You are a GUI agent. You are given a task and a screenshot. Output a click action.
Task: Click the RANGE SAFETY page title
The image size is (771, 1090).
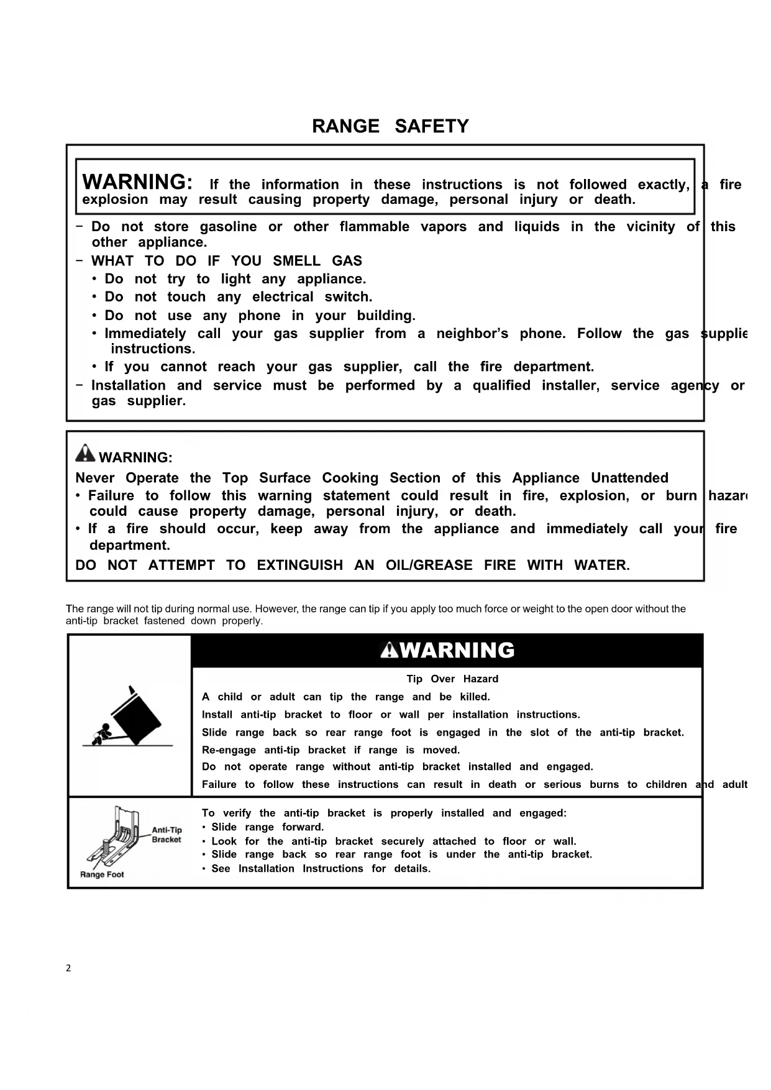[x=390, y=126]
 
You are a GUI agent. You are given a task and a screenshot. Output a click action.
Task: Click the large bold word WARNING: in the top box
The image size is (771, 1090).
[x=137, y=182]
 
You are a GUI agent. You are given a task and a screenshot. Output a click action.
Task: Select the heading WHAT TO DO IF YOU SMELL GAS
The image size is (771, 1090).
[x=226, y=261]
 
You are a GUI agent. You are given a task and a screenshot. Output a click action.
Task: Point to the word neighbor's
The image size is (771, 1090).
[x=472, y=334]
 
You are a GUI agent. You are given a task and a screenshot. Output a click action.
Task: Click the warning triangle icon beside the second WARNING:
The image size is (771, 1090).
[x=85, y=454]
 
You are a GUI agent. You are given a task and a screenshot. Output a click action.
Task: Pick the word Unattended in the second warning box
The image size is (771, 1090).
[x=629, y=478]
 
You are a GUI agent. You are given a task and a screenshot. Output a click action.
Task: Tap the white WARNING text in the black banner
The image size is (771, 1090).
[x=457, y=651]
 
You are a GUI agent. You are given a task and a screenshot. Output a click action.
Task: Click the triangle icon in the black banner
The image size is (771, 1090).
[x=389, y=650]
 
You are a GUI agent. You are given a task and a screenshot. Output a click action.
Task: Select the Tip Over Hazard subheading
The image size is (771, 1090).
[x=452, y=679]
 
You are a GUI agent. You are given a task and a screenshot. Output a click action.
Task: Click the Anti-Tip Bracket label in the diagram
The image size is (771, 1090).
[x=167, y=835]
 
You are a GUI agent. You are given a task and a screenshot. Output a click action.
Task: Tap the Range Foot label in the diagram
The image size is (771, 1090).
[x=102, y=874]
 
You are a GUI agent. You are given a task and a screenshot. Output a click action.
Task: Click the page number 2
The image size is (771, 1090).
[x=68, y=968]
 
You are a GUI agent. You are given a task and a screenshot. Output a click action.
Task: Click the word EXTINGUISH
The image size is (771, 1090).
[x=299, y=566]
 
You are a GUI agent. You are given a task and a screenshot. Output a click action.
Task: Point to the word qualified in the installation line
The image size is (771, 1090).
[x=501, y=386]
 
